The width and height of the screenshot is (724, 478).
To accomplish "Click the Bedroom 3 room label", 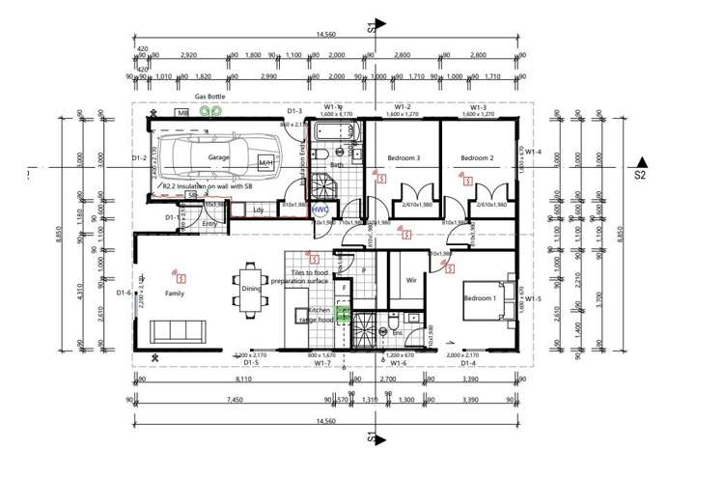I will [404, 158].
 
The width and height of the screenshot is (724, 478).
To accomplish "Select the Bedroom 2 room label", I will [476, 158].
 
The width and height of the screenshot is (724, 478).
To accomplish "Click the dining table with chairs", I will [250, 294].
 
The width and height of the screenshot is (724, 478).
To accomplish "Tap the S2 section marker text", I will [639, 176].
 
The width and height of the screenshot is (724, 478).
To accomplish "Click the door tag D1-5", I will [250, 364].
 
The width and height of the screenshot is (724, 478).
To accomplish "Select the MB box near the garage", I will [181, 114].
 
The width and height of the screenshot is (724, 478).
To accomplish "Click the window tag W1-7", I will [323, 364].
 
